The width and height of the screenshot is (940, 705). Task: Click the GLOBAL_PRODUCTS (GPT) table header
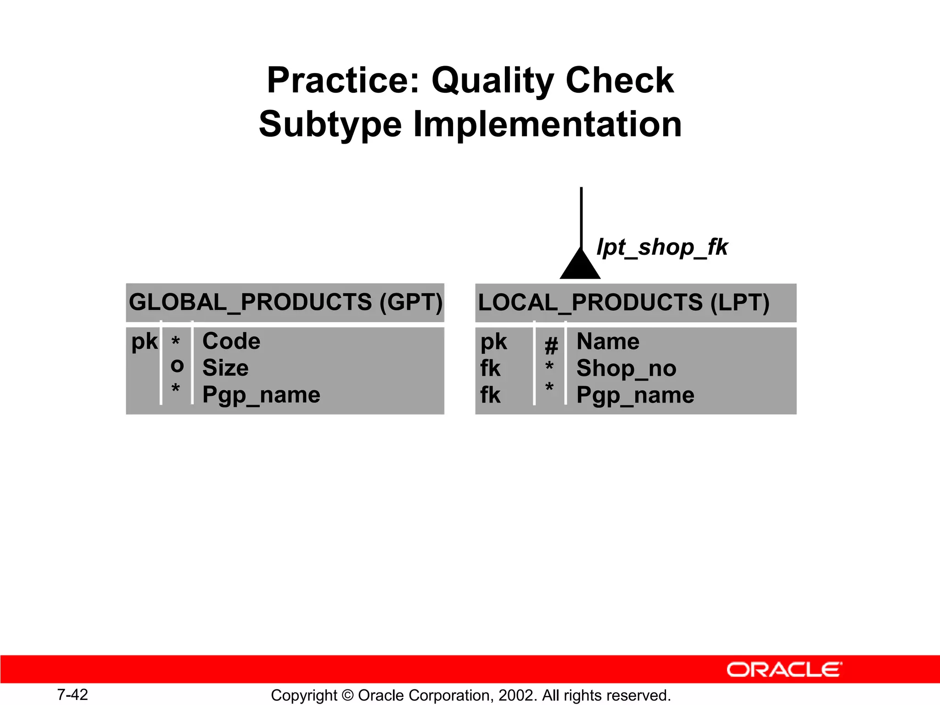285,302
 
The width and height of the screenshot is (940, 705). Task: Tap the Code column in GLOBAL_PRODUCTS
231,341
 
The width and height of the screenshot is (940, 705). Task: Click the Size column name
225,368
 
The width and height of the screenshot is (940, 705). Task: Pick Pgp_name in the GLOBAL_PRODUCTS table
261,395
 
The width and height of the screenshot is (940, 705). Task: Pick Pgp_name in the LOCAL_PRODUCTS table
635,395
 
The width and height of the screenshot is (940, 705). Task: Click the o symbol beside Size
177,366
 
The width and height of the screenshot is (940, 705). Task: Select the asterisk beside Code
175,341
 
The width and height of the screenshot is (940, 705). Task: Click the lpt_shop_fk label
662,247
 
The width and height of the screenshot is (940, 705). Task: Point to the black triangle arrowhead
580,266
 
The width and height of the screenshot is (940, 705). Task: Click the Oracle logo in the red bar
784,670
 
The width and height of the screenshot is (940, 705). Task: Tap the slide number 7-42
73,694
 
